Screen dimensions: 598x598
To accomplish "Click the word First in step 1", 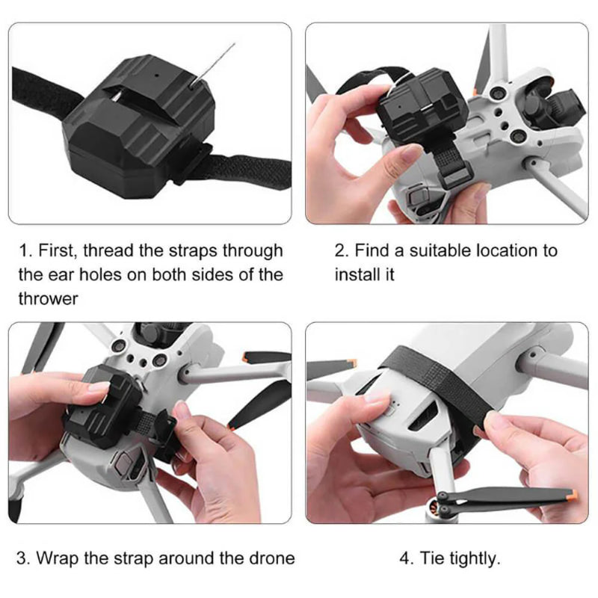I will (x=56, y=250).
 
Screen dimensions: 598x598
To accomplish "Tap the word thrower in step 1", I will (x=48, y=298).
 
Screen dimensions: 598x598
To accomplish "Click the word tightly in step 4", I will (x=472, y=558).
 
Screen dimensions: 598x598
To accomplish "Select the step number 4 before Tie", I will (x=404, y=558).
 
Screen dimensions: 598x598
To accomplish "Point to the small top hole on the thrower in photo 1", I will (x=157, y=76).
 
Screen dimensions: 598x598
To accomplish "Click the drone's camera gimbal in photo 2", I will (x=542, y=107).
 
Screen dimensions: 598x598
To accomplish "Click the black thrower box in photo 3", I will (x=101, y=404).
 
